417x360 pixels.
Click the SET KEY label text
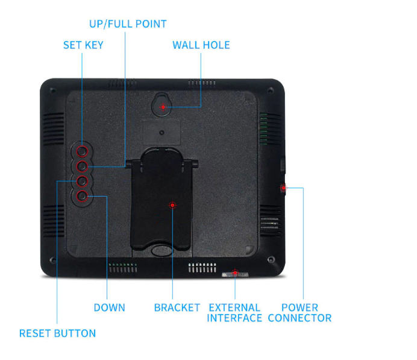(83, 45)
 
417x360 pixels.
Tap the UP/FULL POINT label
(128, 24)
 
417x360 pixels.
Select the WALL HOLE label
(201, 45)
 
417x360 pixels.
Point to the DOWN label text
(109, 308)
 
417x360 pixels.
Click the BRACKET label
(177, 308)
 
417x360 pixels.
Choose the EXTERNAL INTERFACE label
(234, 312)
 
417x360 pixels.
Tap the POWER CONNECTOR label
(299, 312)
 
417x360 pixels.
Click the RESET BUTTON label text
(57, 333)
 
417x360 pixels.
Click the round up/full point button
(82, 166)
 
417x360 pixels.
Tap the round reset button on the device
(82, 182)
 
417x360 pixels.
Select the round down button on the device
(82, 197)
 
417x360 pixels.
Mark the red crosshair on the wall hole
(163, 107)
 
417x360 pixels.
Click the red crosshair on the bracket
(172, 205)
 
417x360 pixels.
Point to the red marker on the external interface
(235, 273)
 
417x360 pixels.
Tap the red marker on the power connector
(284, 188)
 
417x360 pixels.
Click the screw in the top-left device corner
(53, 91)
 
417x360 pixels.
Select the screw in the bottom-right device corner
(271, 259)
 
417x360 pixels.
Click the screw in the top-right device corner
(271, 90)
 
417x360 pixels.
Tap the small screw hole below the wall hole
(161, 133)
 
